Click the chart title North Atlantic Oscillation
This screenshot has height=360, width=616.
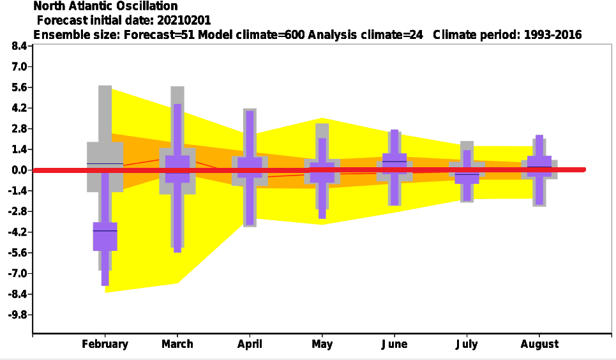coord(105,6)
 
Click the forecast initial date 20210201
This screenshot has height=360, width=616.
coord(184,20)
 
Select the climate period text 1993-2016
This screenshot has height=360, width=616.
coord(553,34)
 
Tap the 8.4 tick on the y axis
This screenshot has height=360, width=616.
coord(19,46)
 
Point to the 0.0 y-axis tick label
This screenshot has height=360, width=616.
coord(19,170)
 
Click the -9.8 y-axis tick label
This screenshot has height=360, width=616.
coord(17,315)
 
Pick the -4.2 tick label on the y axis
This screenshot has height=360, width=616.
coord(17,232)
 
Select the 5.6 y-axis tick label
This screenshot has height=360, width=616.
coord(19,87)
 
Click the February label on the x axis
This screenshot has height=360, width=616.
coord(105,344)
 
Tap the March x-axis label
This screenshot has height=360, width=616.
coord(177,344)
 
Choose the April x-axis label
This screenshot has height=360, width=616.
coord(250,344)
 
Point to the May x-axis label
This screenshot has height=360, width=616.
coord(322,344)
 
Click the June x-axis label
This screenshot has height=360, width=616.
coord(394,344)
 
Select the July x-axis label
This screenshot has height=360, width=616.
coord(467,344)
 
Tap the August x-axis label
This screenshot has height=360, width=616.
coord(539,344)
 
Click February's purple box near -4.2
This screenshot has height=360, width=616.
coord(105,236)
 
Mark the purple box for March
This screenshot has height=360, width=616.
coord(177,169)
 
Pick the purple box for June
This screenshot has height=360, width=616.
coord(394,163)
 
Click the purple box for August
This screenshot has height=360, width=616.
coord(539,166)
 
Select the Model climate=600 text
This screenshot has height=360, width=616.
coord(251,34)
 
